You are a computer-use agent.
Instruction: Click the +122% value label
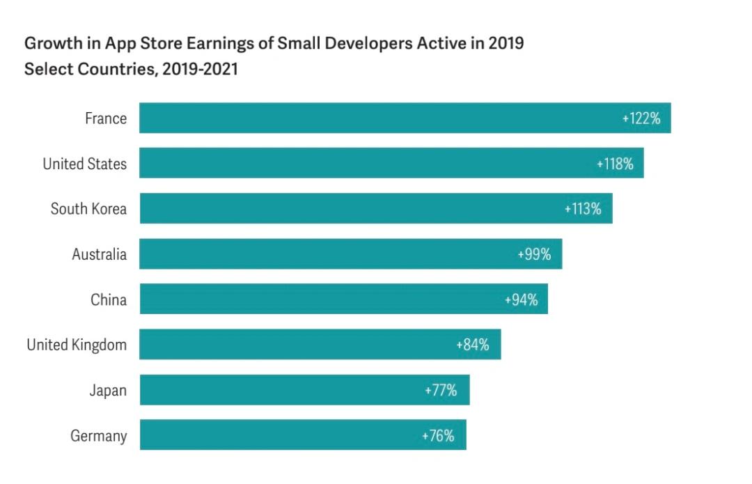(641, 118)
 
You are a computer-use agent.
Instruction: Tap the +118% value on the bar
(615, 164)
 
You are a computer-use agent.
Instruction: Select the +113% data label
(583, 209)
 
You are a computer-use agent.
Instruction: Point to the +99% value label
(534, 254)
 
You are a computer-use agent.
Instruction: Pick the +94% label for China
(521, 299)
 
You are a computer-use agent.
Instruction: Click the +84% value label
(473, 345)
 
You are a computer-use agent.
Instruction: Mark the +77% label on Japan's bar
(441, 390)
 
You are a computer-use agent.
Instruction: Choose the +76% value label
(438, 436)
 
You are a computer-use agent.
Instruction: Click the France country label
(106, 118)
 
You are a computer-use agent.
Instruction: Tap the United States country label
(85, 164)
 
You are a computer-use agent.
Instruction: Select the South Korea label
(88, 209)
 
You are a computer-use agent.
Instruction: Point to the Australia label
(100, 254)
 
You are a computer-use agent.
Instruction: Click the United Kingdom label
(77, 345)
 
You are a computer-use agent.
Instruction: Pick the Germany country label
(99, 436)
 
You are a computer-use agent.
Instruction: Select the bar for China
(320, 299)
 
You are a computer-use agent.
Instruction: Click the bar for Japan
(279, 390)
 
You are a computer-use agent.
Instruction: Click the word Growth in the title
(50, 44)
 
